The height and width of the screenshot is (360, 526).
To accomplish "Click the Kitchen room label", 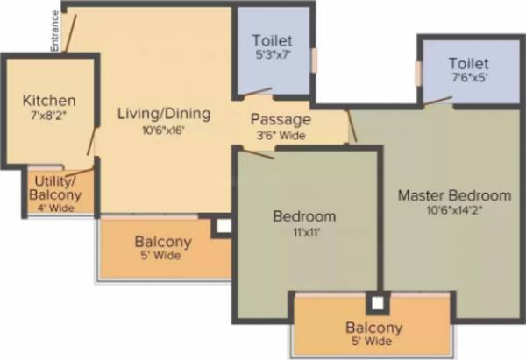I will point(49,101).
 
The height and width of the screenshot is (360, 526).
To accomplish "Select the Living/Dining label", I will point(164,113).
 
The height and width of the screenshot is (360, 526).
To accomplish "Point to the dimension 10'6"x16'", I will point(164,130).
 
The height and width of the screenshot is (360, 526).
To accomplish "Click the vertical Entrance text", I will point(54,31).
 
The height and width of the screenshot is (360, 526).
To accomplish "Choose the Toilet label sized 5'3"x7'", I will point(272,40).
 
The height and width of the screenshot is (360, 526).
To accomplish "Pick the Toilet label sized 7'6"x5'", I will point(468,64).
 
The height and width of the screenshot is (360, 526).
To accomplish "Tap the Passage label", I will point(281,119).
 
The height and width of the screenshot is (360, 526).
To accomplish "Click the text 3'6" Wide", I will point(281,135).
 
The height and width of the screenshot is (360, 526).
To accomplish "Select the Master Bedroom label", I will point(454,194).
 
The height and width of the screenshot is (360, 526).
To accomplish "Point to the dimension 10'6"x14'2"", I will point(454,211).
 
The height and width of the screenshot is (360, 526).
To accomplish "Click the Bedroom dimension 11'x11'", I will point(304,232).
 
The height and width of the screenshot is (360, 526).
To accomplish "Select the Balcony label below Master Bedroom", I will point(373,328).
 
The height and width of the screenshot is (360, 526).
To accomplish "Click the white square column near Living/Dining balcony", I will point(223,226).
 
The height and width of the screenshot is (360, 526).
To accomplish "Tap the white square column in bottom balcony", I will point(377,304).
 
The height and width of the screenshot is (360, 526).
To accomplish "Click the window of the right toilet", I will point(419,74).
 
